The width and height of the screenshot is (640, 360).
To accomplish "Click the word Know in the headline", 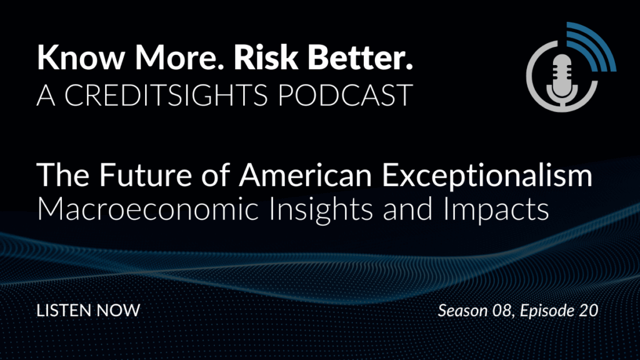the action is (x=81, y=57).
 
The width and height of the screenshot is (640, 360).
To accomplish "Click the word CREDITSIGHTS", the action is (x=166, y=95).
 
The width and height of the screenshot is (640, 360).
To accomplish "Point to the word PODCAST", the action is (x=345, y=95).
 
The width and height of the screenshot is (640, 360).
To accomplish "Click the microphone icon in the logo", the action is (x=562, y=80).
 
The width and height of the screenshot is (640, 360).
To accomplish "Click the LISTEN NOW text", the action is (x=89, y=311).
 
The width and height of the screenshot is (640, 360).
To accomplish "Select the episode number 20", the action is (x=589, y=311).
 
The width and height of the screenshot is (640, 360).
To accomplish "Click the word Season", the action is (x=463, y=311).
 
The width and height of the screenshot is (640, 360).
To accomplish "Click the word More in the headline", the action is (x=179, y=57).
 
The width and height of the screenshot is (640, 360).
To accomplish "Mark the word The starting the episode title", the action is (x=63, y=175).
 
